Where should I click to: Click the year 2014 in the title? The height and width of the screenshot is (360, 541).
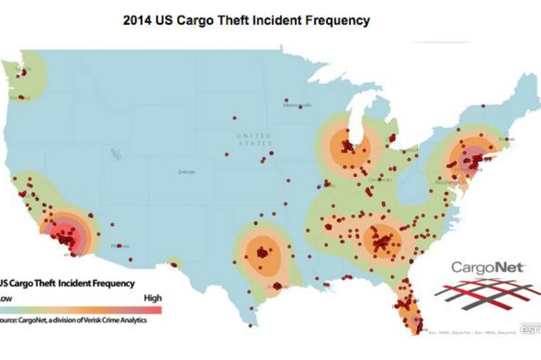pyautogui.click(x=137, y=21)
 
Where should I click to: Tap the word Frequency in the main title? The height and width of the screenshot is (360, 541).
pyautogui.click(x=336, y=21)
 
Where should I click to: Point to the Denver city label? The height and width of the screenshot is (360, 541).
pyautogui.click(x=186, y=172)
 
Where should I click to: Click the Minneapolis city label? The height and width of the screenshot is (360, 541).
pyautogui.click(x=298, y=106)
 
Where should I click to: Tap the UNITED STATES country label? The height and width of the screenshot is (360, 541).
pyautogui.click(x=254, y=140)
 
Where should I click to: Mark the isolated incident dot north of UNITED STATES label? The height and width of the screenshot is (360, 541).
pyautogui.click(x=235, y=118)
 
